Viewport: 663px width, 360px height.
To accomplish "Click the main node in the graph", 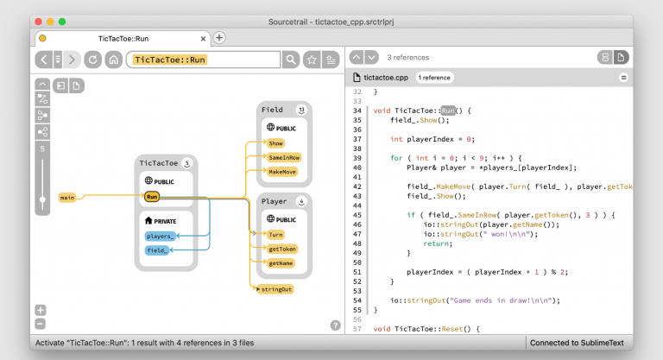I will coord(67,198).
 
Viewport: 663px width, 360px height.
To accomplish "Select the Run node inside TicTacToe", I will coord(152,197).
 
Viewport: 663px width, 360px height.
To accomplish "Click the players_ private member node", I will coord(160,236).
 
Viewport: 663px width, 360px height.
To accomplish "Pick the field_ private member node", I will coord(157,250).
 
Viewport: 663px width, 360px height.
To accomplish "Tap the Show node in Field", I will coord(275,143).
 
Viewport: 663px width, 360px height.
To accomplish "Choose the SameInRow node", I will coord(283,158).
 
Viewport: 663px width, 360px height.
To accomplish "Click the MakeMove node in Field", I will coord(281,172).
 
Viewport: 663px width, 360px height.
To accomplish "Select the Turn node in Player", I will coord(275,235).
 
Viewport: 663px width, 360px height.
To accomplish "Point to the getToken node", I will coord(281,249).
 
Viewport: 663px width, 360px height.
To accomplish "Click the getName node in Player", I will coord(281,262).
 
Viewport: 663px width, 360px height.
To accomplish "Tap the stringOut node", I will coord(275,289).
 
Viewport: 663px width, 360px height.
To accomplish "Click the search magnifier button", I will coord(292,60).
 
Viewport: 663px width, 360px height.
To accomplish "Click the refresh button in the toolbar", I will coord(92,60).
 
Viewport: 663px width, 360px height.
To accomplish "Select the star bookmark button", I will coord(312,60).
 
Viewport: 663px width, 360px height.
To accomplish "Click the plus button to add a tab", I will coord(219,38).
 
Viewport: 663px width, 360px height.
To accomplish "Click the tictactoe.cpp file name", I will coord(387,78).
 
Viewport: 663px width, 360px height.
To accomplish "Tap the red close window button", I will coord(37,21).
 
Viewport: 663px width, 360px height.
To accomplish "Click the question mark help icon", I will coord(335,325).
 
